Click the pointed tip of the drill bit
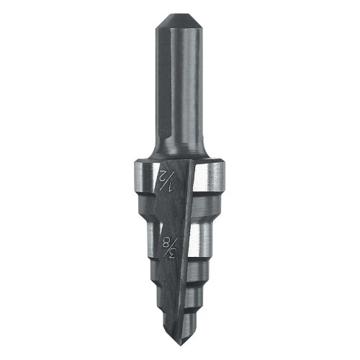point(179,345)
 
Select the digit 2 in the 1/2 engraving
point(163,174)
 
